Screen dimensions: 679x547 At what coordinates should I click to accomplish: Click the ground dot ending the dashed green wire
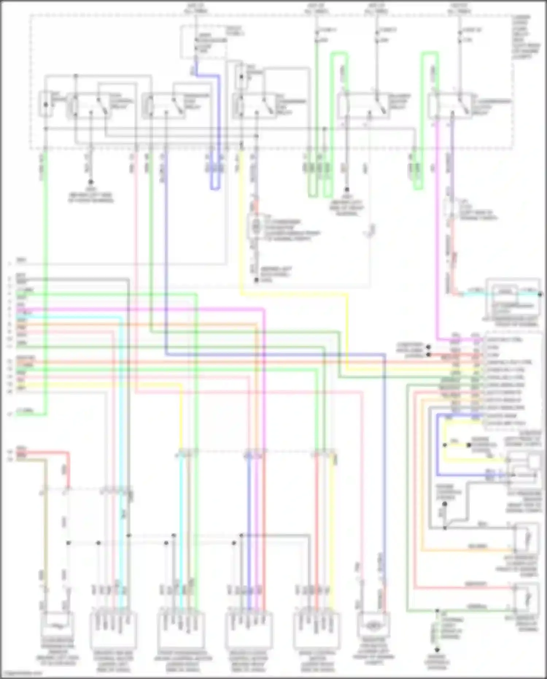click(437, 649)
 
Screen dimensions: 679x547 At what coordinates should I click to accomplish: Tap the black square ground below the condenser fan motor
click(256, 280)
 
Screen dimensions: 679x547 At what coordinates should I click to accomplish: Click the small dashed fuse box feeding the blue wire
click(203, 42)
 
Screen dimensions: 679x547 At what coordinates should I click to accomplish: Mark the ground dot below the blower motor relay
click(347, 189)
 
